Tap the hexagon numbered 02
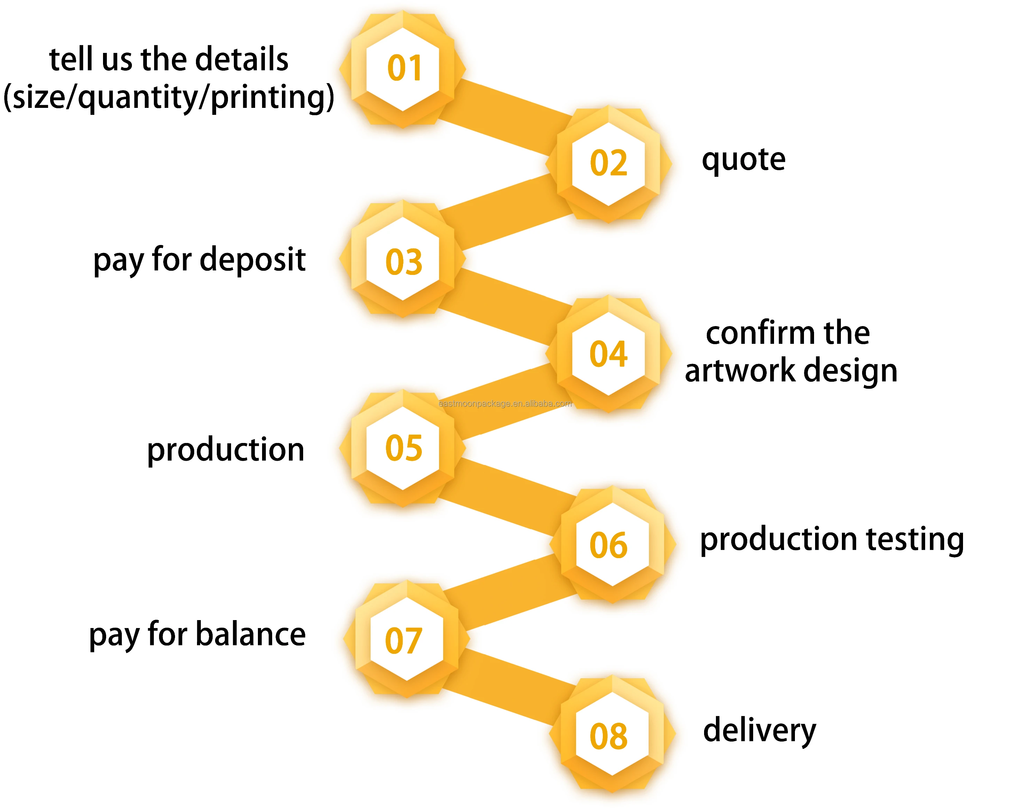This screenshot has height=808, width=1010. point(608,164)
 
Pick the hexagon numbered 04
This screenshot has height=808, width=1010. point(608,354)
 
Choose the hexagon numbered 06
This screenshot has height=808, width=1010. point(612,544)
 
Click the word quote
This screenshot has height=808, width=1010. point(743,160)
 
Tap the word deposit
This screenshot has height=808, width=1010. point(253,260)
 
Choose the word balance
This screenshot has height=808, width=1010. point(251,634)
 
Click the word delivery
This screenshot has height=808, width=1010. point(759,731)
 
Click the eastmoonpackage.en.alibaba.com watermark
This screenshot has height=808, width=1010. point(505,403)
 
